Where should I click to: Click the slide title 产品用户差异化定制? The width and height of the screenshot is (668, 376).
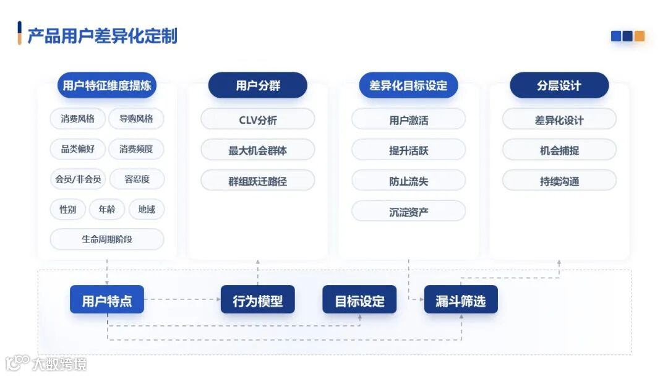(102, 35)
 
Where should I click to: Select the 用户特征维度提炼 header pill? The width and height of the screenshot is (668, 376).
(107, 85)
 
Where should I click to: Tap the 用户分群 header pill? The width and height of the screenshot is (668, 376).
(258, 85)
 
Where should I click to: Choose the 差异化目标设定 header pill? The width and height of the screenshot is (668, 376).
(408, 85)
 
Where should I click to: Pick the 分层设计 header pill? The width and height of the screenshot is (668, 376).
(559, 85)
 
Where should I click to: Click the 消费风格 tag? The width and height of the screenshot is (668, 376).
(78, 119)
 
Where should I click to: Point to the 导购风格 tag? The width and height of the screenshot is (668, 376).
(136, 119)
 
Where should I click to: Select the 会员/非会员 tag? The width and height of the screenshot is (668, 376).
(78, 179)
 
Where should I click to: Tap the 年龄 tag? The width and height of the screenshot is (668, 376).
(107, 210)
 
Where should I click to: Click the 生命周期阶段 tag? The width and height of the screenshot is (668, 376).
(107, 239)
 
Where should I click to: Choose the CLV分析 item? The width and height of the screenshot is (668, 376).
(258, 119)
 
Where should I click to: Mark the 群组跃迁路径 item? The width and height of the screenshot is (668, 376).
(258, 181)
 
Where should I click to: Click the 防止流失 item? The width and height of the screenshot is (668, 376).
(408, 181)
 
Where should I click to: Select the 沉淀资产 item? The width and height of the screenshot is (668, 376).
(408, 211)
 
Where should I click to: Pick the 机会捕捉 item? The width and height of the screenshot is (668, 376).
(559, 150)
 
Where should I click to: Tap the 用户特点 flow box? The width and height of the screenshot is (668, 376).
(107, 301)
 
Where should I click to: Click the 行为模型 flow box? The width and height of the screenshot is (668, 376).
(258, 301)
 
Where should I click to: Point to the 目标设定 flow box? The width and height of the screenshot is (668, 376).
(359, 301)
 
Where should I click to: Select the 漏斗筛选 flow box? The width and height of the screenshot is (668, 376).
(461, 301)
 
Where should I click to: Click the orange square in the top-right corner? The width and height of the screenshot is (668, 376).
(640, 36)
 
